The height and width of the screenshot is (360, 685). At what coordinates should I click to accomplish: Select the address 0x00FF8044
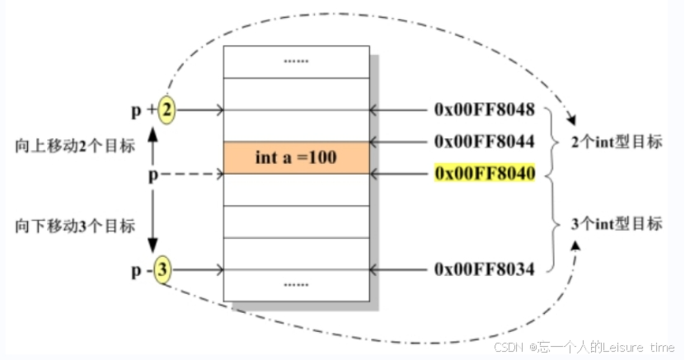[x=484, y=142]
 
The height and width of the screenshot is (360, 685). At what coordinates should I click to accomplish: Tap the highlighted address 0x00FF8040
[x=484, y=173]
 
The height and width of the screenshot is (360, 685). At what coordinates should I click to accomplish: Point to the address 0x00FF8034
[x=484, y=269]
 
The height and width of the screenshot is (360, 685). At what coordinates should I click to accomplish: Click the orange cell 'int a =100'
[x=296, y=157]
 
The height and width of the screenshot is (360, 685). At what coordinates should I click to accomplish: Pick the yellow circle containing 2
[x=167, y=110]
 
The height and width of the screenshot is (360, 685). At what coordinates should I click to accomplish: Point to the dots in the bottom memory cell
[x=296, y=284]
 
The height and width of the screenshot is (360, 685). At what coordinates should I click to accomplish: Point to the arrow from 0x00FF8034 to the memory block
[x=400, y=269]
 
